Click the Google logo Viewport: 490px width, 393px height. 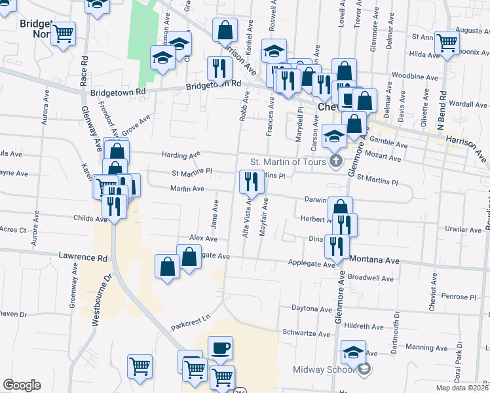pos(22,385)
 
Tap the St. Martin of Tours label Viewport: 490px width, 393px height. pos(288,162)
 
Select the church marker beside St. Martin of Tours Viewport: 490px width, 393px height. pos(336,162)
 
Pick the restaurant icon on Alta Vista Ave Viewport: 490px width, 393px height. pos(252,181)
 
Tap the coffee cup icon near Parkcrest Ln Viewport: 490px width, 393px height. pos(220,348)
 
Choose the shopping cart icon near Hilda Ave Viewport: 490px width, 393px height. pos(447,43)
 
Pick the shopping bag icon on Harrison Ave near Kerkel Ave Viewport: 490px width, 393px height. pos(225,29)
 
